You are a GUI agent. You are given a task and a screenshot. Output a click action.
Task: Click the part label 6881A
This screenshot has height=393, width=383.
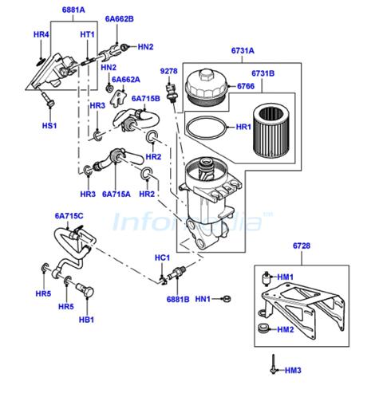(x=73, y=10)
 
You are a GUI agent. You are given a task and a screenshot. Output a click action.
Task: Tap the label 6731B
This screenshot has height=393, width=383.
(x=263, y=73)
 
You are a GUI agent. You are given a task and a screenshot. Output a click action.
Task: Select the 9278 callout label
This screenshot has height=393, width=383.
(x=168, y=71)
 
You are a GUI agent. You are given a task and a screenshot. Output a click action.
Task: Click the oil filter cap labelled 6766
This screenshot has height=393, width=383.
(x=207, y=87)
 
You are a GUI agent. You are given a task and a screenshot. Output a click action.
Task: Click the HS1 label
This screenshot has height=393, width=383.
(x=49, y=125)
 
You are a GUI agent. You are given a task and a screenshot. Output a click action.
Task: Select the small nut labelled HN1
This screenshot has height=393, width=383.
(x=227, y=299)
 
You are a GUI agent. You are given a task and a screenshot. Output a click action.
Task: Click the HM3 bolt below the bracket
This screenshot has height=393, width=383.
(x=273, y=364)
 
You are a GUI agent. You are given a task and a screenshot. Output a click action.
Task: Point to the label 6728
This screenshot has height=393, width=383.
(x=302, y=246)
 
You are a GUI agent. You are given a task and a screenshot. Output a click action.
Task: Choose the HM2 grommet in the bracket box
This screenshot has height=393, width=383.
(x=263, y=328)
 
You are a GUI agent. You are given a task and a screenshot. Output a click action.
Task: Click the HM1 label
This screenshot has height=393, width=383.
(x=286, y=277)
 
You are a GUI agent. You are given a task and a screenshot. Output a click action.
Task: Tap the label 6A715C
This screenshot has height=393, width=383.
(x=69, y=216)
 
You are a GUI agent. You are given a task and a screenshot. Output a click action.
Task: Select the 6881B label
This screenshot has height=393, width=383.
(x=178, y=299)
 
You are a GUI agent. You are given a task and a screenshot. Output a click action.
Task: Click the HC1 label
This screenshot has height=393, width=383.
(x=162, y=257)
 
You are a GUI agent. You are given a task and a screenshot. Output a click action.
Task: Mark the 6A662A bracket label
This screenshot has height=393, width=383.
(x=126, y=80)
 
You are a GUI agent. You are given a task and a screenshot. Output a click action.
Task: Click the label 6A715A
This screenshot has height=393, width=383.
(x=116, y=194)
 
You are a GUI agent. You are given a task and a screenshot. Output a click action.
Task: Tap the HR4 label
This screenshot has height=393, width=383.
(x=41, y=34)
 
